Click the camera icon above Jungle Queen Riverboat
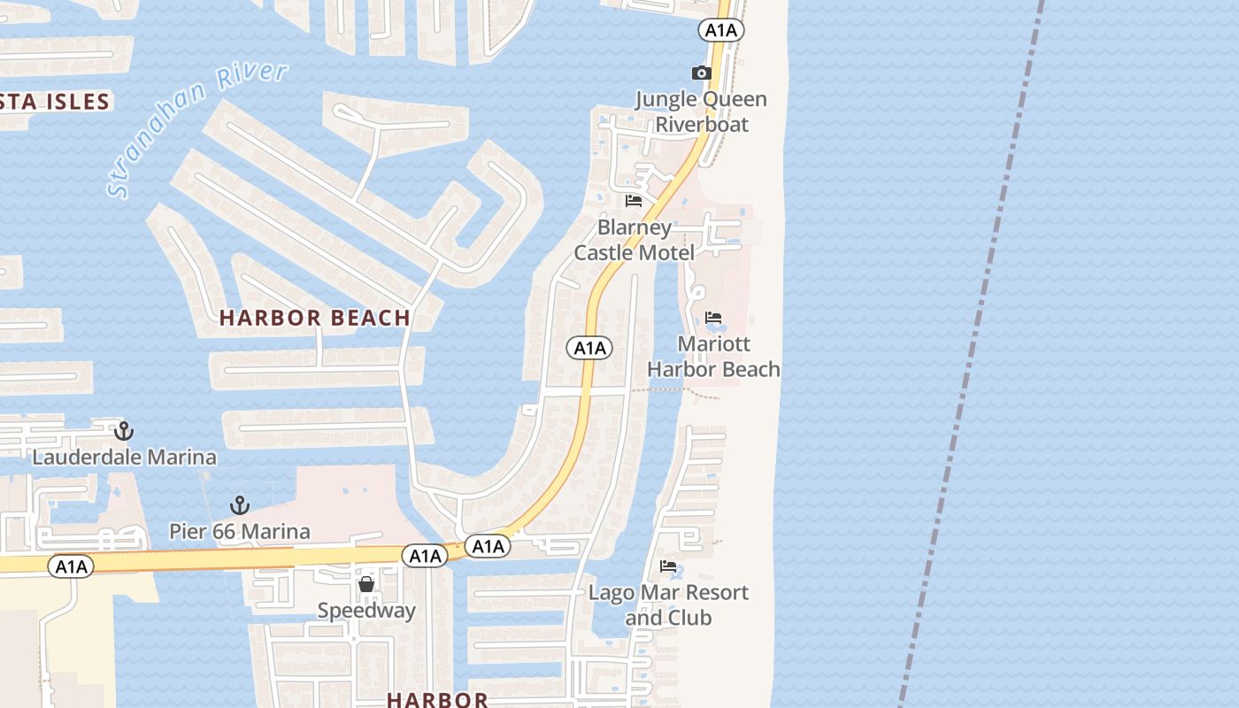701,73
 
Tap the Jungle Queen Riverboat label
701,112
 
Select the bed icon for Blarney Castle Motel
634,201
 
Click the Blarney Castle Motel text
635,240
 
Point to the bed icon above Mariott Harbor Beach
713,318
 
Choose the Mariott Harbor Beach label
714,356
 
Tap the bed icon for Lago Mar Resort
668,566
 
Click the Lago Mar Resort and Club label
669,604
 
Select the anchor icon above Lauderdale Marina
124,431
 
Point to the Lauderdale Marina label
124,458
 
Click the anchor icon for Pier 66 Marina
239,505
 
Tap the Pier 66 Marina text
240,531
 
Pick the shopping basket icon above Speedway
366,584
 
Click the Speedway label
366,611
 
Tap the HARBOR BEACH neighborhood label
315,318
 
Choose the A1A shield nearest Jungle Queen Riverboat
721,31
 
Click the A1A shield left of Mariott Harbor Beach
589,348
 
